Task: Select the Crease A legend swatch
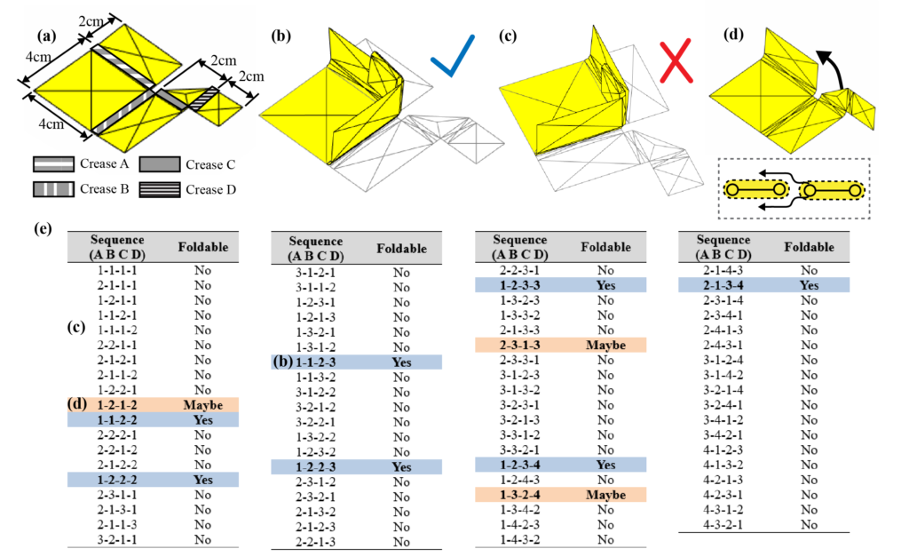point(58,164)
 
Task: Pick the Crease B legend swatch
point(58,189)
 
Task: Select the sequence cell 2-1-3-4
point(723,285)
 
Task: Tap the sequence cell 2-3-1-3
point(519,345)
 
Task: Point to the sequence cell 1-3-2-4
point(519,494)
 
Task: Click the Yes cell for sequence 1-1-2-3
point(401,362)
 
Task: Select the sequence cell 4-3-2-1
point(723,524)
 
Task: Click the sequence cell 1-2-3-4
point(519,464)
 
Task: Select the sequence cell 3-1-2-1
point(315,273)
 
